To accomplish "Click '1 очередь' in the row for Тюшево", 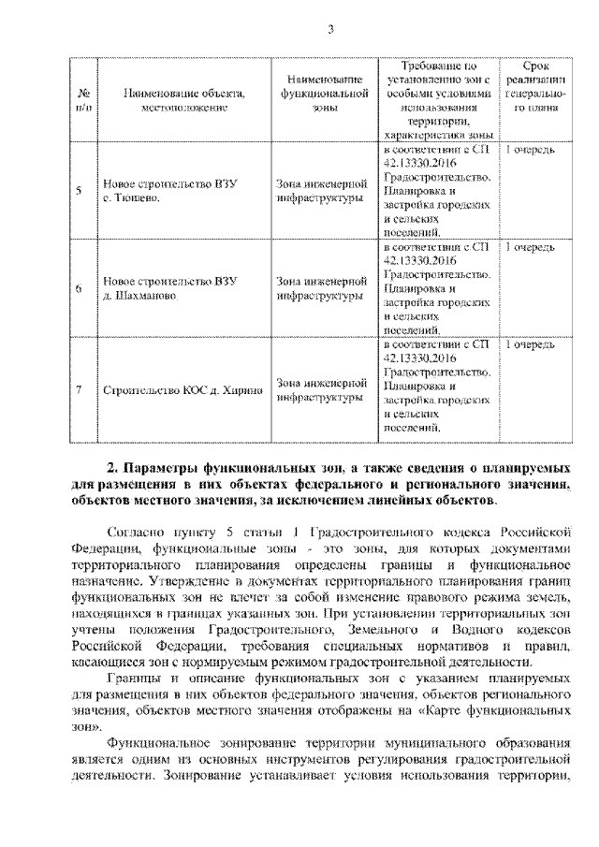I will click(x=530, y=150).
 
